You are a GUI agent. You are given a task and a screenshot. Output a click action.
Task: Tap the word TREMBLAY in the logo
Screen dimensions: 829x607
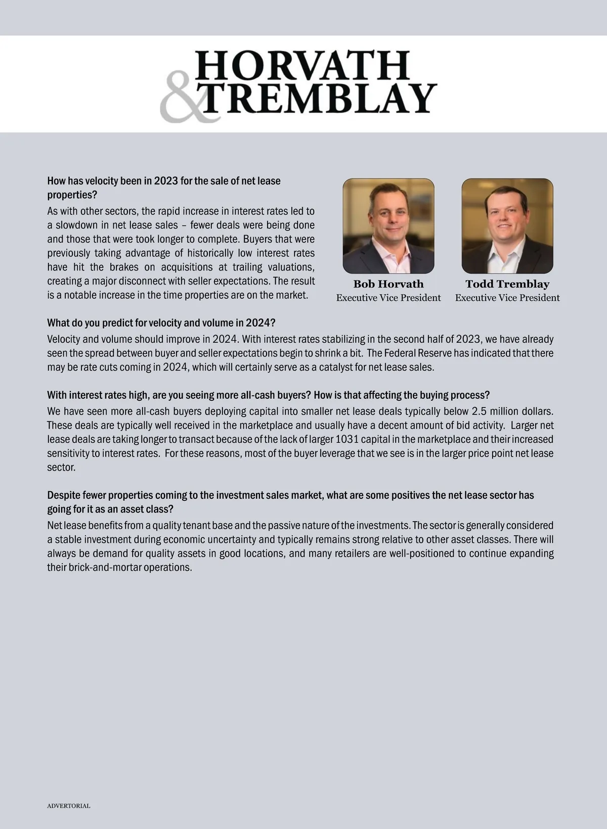coord(319,98)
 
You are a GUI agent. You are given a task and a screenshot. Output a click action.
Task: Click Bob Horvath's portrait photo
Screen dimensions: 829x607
coord(388,226)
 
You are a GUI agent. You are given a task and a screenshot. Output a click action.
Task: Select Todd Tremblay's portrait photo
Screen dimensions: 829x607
coord(507,226)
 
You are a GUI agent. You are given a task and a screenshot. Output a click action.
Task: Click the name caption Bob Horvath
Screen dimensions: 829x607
coord(388,284)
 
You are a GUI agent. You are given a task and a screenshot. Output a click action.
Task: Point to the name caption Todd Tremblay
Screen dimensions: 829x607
coord(507,284)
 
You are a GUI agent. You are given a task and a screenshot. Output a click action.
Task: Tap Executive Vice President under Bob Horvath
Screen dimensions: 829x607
coord(388,298)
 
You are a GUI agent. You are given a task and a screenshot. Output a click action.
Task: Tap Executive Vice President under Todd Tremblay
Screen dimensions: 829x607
coord(507,298)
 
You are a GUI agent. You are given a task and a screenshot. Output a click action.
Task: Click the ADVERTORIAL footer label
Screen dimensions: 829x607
coord(69,806)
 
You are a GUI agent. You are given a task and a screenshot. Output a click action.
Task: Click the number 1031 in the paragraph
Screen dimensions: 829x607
coord(347,439)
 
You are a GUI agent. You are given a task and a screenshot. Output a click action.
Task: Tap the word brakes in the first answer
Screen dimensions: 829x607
coord(124,267)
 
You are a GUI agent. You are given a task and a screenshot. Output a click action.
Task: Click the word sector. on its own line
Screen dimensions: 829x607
coord(61,467)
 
